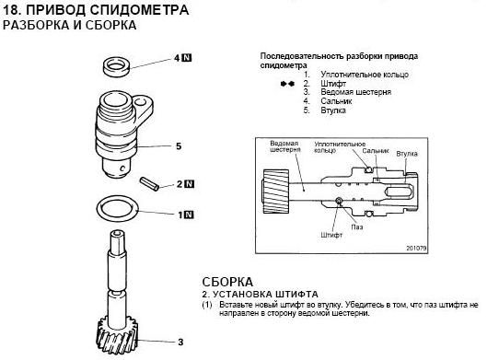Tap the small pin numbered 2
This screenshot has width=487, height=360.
point(149,183)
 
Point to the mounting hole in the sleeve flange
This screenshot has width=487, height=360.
point(142,102)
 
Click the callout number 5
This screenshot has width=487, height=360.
point(179,146)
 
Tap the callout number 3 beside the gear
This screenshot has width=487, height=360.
point(180,343)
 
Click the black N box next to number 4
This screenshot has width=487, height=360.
point(187,58)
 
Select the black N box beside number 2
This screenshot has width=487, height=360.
point(189,184)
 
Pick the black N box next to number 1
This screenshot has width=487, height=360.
point(189,215)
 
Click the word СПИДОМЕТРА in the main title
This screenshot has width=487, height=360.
point(139,10)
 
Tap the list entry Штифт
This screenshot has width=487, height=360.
point(333,84)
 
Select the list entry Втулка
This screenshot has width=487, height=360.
point(333,110)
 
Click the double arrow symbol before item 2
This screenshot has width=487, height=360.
point(287,84)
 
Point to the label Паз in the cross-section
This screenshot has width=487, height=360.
point(357,227)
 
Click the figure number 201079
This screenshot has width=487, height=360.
point(416,249)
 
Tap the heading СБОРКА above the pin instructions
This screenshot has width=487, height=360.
point(227,282)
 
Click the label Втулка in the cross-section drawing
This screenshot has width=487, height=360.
point(407,154)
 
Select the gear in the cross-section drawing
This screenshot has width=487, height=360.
point(276,191)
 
